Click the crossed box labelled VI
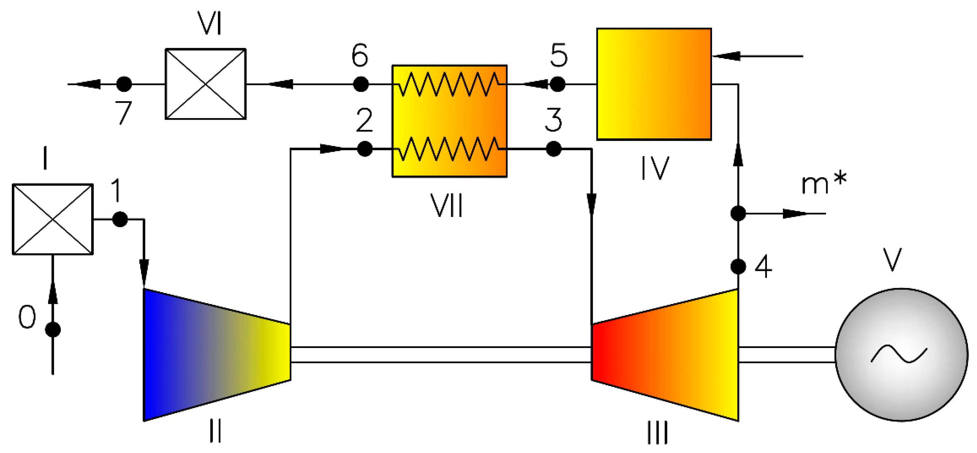pos(206,84)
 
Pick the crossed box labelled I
pos(53,219)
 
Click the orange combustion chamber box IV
pos(654,84)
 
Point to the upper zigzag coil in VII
pos(449,84)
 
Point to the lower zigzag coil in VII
pos(449,149)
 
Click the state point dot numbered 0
pos(53,329)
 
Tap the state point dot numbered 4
pos(738,266)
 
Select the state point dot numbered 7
pos(124,84)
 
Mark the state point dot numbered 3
pos(554,149)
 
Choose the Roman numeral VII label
pos(446,206)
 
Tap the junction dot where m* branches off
pos(738,213)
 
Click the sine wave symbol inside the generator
pos(899,355)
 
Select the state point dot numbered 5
pos(557,84)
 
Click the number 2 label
pos(364,120)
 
